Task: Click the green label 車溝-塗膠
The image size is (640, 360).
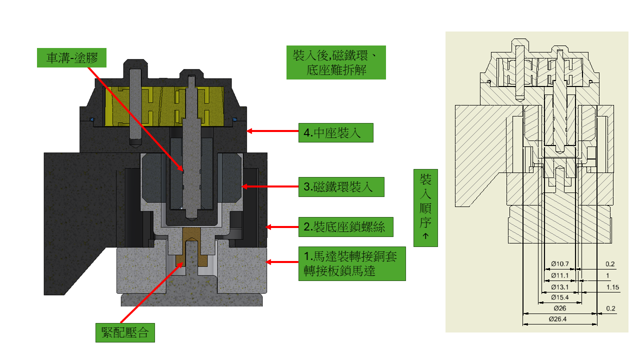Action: click(x=72, y=58)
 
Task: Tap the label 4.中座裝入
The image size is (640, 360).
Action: click(x=335, y=132)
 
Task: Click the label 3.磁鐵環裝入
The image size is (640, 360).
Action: click(x=341, y=187)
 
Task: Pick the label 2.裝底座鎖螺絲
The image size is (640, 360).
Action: click(x=345, y=227)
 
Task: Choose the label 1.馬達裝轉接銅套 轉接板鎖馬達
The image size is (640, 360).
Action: click(x=352, y=263)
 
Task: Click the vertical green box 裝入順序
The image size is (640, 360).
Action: click(x=425, y=207)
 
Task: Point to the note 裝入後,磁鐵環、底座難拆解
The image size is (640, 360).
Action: click(x=336, y=62)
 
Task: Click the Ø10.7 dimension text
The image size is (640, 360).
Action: click(x=560, y=263)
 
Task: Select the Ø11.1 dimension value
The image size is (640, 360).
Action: click(x=560, y=275)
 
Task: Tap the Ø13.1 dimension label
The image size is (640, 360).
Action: click(x=560, y=287)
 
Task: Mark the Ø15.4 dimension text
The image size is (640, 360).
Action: click(x=560, y=297)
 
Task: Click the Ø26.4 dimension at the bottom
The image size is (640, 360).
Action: click(x=560, y=319)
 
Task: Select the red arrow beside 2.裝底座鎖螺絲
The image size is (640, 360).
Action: click(x=282, y=227)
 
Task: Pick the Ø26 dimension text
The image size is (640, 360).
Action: click(x=560, y=308)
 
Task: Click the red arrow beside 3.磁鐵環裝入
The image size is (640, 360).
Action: click(x=269, y=187)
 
